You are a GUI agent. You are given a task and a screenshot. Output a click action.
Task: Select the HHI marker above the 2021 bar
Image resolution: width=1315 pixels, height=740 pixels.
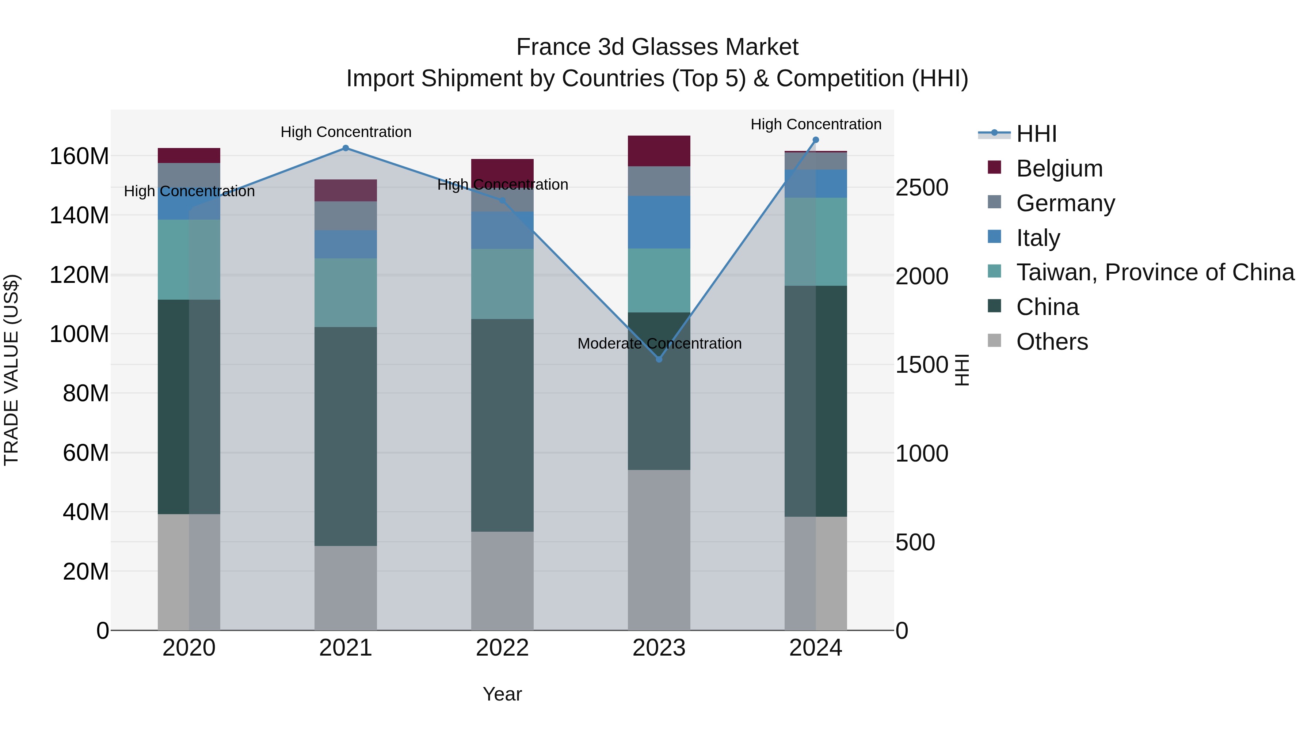tap(346, 148)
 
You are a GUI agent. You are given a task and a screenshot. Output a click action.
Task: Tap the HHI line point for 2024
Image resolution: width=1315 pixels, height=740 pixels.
tap(815, 140)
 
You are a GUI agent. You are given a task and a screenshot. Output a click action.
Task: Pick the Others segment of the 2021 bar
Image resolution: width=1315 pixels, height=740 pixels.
tap(346, 587)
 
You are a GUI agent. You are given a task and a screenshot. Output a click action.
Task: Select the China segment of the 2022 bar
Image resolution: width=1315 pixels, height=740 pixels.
tap(502, 425)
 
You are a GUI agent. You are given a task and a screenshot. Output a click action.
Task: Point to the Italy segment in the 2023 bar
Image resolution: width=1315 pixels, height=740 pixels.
tap(659, 222)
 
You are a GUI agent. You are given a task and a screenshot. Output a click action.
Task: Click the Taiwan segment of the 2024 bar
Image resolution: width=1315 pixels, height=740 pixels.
tap(815, 242)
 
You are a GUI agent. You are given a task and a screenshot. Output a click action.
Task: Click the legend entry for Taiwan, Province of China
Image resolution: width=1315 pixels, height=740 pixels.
tap(1155, 272)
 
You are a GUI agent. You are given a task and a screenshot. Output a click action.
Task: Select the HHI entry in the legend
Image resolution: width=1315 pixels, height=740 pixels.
tap(1036, 134)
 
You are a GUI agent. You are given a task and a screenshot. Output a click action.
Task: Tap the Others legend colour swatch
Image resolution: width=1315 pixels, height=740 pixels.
tap(994, 341)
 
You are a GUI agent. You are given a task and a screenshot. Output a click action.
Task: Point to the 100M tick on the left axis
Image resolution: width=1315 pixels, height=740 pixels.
tap(79, 334)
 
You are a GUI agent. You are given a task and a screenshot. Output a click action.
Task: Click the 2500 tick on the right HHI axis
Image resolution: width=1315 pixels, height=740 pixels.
tap(922, 187)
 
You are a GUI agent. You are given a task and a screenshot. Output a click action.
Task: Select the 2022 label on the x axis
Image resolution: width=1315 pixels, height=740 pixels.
tap(502, 648)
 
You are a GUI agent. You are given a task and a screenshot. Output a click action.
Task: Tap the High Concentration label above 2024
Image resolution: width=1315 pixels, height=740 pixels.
tap(816, 124)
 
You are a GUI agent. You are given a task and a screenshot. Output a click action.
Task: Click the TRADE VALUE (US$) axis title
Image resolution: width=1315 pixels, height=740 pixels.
tap(11, 370)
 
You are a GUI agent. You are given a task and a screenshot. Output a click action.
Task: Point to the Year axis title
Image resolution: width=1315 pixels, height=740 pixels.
tap(502, 694)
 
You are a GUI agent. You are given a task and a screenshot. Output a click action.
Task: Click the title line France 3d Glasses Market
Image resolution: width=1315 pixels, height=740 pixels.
tap(657, 47)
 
